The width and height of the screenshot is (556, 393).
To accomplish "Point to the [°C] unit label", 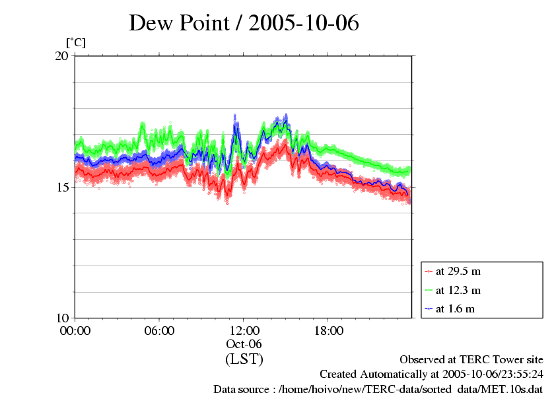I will pos(75,42).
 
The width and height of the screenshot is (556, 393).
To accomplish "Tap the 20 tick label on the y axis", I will pos(61,56).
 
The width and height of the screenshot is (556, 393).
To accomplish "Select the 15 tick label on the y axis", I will pos(61,187).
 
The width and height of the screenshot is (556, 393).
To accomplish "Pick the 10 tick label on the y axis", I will pos(61,318).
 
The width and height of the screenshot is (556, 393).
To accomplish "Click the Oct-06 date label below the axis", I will pos(244,344).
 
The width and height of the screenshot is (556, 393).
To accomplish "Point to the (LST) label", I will pos(244,359).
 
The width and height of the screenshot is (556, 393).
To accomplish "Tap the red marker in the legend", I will pos(429,271).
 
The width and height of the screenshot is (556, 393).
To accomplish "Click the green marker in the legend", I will pos(429,290).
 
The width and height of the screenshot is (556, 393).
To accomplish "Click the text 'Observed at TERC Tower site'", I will pos(471,360).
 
